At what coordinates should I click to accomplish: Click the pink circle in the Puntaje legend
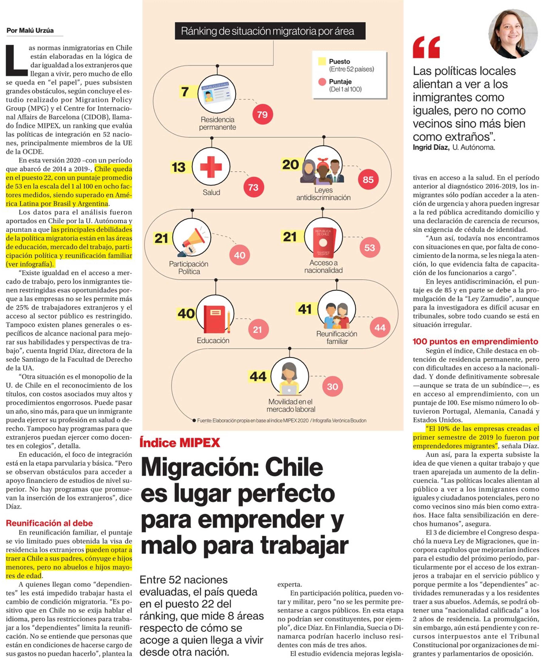[322, 82]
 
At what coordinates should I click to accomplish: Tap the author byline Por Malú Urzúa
[30, 31]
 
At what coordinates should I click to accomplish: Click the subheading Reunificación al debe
[49, 523]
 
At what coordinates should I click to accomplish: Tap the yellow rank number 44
[258, 377]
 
